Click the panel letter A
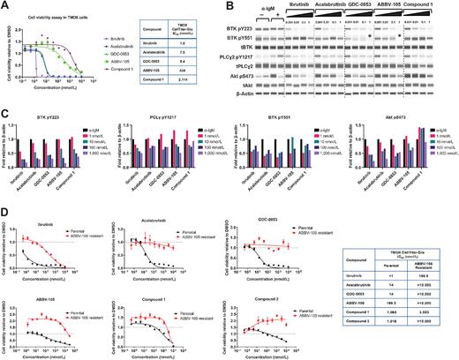5,6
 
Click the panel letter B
232,6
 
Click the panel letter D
5,212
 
